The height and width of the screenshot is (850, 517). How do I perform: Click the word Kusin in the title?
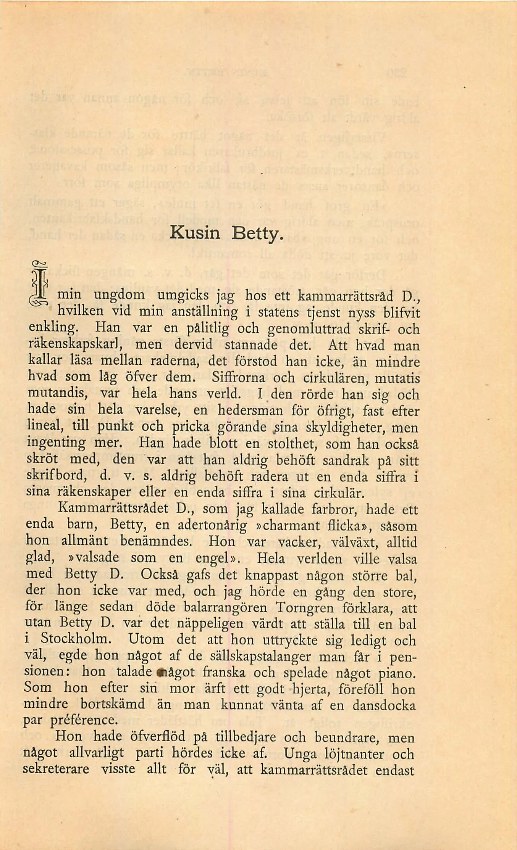tap(195, 232)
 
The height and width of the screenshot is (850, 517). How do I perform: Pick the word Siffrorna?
tap(238, 378)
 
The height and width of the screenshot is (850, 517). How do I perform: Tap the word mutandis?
tap(58, 393)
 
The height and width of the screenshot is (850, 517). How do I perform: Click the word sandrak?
tap(346, 460)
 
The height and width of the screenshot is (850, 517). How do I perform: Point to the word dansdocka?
tap(383, 705)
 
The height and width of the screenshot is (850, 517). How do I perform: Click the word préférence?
tap(83, 721)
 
